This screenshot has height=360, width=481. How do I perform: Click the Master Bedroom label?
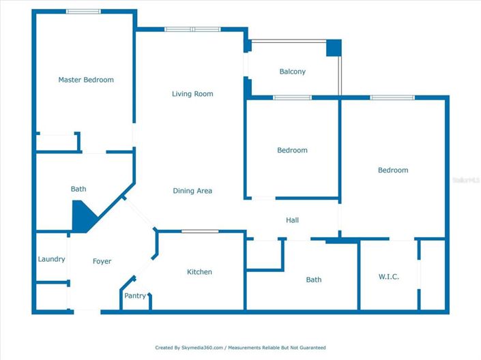(86, 80)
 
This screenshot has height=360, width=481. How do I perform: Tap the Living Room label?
(192, 94)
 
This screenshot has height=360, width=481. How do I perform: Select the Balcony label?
(293, 72)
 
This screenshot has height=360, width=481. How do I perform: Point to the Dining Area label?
(192, 191)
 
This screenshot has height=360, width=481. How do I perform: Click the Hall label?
(292, 220)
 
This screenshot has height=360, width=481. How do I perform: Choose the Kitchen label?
(200, 272)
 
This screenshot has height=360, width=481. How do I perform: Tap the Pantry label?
(135, 296)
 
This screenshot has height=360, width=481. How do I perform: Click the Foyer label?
(102, 261)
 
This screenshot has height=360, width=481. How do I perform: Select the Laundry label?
(52, 259)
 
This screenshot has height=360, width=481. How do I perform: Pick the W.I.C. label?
(389, 277)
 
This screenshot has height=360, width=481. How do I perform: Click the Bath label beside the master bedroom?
(79, 189)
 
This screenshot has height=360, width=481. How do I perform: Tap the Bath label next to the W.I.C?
(314, 280)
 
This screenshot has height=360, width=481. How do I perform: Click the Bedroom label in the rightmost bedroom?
(393, 170)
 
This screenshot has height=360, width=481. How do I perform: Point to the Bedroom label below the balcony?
(292, 150)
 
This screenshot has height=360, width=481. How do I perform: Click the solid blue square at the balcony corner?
(333, 48)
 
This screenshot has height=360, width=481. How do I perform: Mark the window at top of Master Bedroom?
(83, 12)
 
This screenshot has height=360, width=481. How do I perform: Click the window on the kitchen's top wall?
(200, 231)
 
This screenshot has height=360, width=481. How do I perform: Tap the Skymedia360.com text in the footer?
(202, 348)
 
